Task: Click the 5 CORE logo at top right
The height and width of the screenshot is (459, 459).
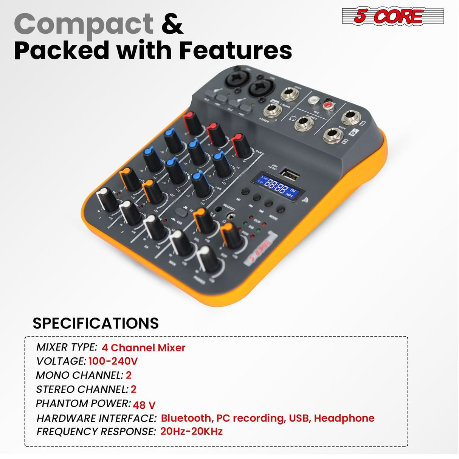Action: pyautogui.click(x=393, y=17)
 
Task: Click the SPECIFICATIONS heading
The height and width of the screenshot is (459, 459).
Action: pyautogui.click(x=96, y=323)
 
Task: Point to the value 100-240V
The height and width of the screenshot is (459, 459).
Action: pyautogui.click(x=113, y=361)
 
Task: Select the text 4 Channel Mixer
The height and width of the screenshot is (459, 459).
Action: pyautogui.click(x=144, y=347)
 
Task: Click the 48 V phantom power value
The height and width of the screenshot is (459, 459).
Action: pyautogui.click(x=144, y=405)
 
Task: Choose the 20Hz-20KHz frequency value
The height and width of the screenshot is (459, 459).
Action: pyautogui.click(x=191, y=431)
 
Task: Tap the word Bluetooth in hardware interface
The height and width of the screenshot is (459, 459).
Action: pyautogui.click(x=186, y=418)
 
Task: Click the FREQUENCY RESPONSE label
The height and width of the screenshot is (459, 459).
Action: pyautogui.click(x=96, y=431)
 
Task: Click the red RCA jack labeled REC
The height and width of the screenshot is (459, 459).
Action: pyautogui.click(x=327, y=104)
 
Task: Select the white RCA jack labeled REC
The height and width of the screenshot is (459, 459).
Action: pyautogui.click(x=314, y=100)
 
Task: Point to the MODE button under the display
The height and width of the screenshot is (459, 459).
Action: pyautogui.click(x=281, y=209)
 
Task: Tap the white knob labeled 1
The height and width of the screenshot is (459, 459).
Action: pyautogui.click(x=107, y=199)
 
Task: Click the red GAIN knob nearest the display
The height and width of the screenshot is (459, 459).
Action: pyautogui.click(x=241, y=144)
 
